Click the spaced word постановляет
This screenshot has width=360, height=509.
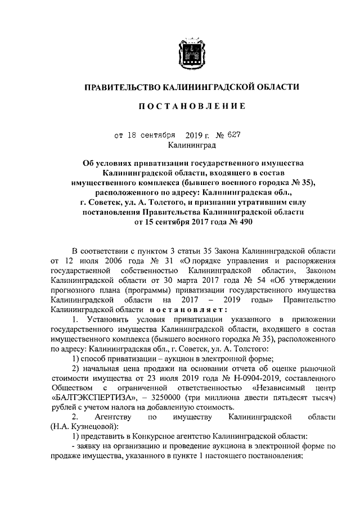point(188,309)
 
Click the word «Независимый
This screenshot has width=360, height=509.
point(276,388)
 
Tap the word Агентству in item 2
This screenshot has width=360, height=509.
point(113,417)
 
